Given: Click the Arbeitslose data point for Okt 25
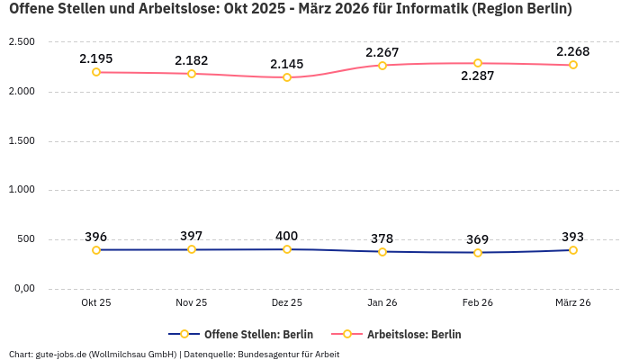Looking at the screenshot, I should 96,72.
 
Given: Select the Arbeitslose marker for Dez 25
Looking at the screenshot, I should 287,77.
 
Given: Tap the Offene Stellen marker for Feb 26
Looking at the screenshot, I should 478,253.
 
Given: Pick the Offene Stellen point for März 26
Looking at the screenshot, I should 573,250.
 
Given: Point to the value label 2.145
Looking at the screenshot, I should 286,64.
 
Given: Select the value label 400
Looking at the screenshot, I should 286,236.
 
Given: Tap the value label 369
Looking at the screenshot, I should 477,239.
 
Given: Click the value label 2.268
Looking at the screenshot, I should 572,51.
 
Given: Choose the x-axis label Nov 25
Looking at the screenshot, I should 192,303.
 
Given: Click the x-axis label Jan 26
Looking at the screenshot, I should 382,303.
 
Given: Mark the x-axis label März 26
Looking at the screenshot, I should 573,303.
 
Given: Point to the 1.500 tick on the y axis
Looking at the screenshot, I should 21,140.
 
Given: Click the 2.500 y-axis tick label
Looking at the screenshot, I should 21,42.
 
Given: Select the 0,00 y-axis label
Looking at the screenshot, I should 22,288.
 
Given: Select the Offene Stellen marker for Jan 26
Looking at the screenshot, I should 382,252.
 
